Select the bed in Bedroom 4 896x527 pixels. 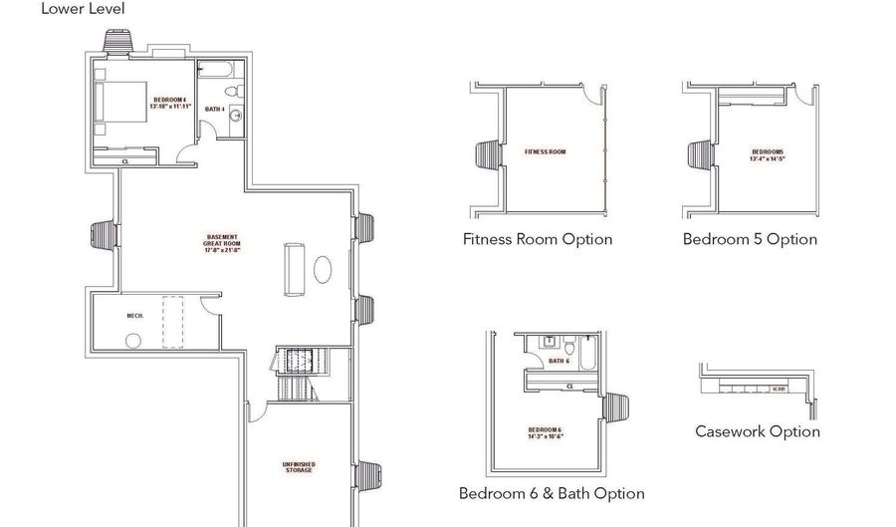121,102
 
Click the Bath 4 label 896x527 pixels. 214,109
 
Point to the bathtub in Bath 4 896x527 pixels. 216,72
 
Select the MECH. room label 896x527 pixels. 135,316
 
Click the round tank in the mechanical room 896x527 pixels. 132,340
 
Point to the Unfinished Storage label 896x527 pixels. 299,466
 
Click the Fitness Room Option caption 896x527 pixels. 538,239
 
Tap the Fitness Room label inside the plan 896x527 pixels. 546,152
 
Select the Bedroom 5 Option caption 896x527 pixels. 750,239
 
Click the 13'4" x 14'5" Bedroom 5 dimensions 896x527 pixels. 768,157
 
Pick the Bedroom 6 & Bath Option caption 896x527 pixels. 551,493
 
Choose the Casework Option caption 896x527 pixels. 757,431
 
